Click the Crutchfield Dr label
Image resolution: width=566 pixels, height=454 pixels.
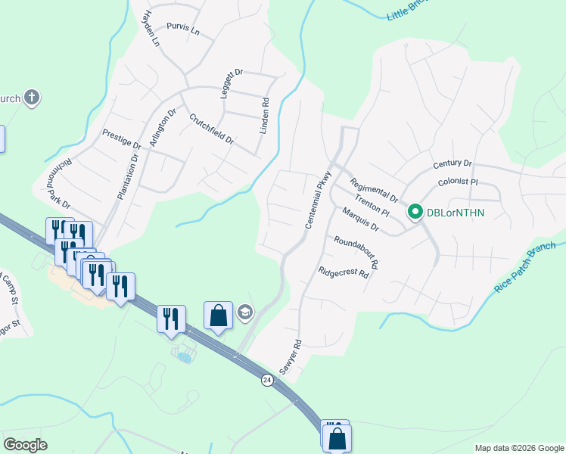(211, 129)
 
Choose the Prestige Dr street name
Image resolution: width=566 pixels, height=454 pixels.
(122, 139)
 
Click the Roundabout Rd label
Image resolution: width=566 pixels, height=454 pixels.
(356, 253)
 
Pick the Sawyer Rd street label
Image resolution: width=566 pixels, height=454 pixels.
(291, 356)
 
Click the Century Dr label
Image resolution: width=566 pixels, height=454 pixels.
(452, 163)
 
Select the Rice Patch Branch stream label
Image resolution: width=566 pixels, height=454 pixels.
(524, 266)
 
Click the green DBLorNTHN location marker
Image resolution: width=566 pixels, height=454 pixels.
(415, 213)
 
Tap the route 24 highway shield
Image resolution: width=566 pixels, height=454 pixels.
(266, 378)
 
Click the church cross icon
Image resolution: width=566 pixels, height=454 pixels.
(31, 98)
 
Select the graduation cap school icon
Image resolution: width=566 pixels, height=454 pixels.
(244, 312)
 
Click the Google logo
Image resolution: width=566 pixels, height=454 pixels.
(26, 445)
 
